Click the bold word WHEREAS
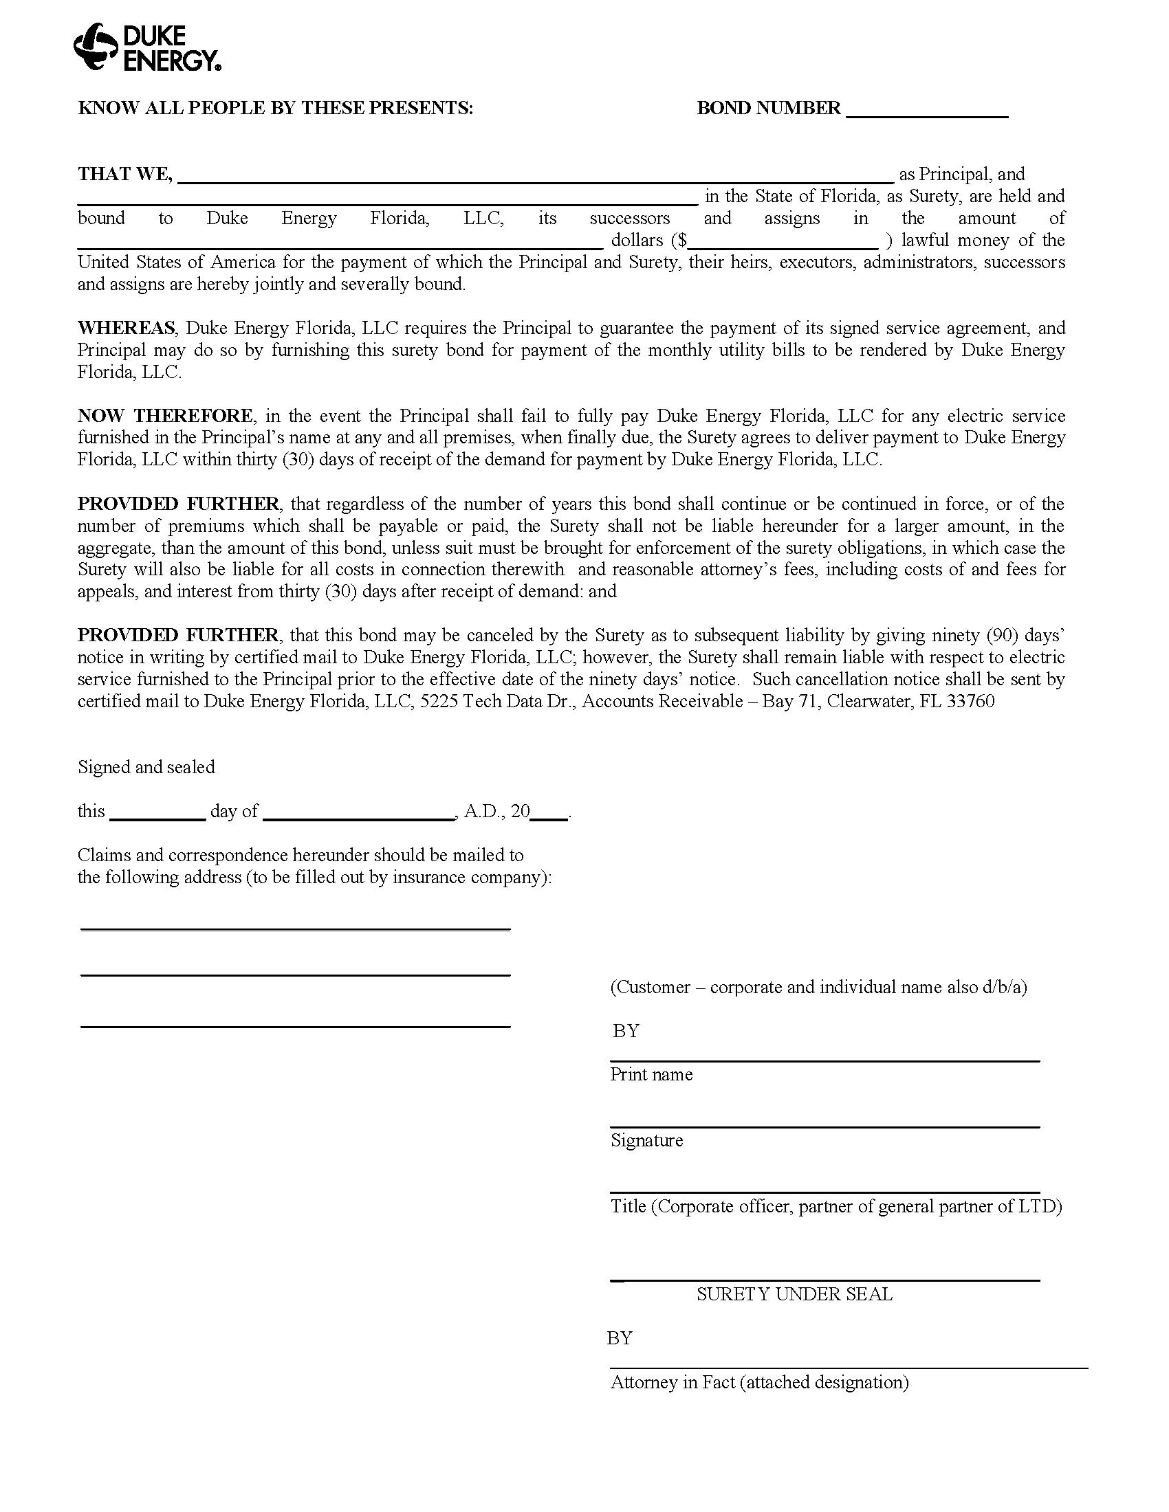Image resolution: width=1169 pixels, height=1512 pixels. (x=126, y=328)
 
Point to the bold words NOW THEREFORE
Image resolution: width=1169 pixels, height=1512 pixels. (x=165, y=416)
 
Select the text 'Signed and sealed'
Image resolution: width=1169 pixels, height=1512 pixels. (x=146, y=767)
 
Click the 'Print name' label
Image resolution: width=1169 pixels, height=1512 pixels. (x=651, y=1074)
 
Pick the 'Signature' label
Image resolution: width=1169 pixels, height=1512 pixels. (x=646, y=1140)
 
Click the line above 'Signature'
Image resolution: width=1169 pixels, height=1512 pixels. (x=824, y=1127)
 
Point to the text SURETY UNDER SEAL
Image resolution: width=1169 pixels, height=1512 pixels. (x=794, y=1295)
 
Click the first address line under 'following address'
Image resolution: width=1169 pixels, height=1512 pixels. (x=295, y=929)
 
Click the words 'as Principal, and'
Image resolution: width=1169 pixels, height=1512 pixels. (x=962, y=175)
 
